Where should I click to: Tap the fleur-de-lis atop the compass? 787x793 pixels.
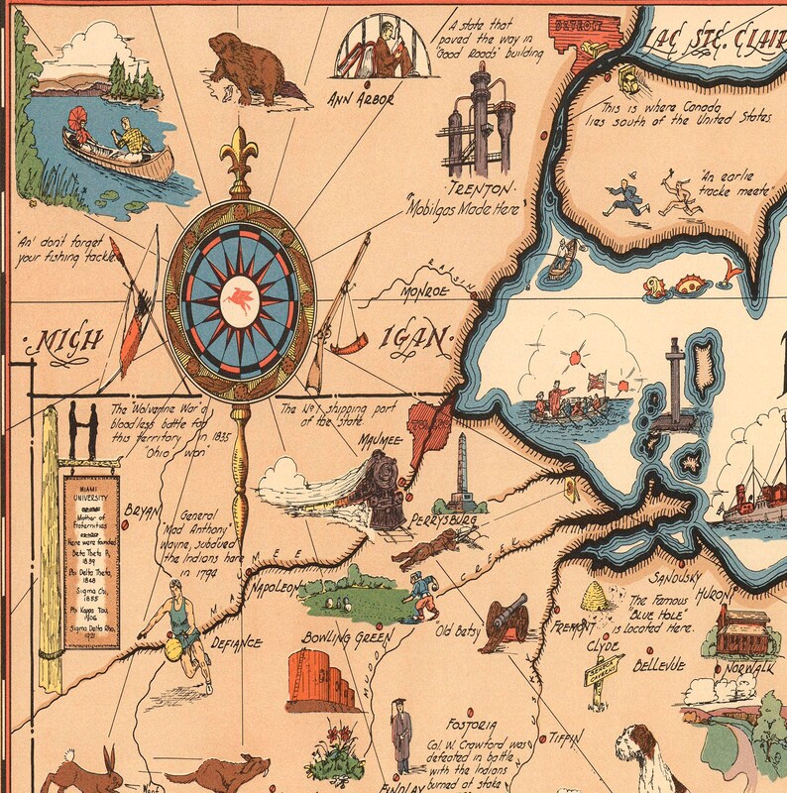click(239, 159)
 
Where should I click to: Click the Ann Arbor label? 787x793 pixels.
click(362, 99)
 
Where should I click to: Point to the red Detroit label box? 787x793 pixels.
click(581, 23)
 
